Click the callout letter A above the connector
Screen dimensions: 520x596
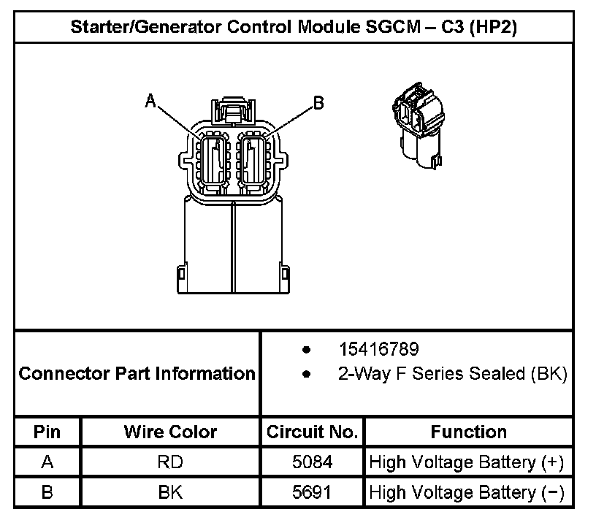(151, 101)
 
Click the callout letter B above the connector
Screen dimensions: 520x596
(318, 103)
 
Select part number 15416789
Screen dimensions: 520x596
(378, 349)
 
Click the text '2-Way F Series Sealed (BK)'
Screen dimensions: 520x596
(452, 374)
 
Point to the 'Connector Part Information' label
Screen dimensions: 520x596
(137, 374)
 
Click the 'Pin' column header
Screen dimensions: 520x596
(47, 432)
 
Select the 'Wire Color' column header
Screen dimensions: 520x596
(170, 432)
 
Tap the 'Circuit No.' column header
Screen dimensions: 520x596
(312, 432)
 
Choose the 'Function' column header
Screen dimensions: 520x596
(468, 432)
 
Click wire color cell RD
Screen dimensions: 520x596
(170, 462)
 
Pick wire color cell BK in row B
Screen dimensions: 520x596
(170, 492)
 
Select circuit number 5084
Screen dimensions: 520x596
(312, 462)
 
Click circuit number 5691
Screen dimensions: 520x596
(312, 492)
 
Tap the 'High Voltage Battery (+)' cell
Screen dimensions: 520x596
(467, 462)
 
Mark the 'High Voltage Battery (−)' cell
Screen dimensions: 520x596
(467, 492)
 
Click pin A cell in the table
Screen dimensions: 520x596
(47, 462)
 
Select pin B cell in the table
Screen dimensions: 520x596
(47, 492)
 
